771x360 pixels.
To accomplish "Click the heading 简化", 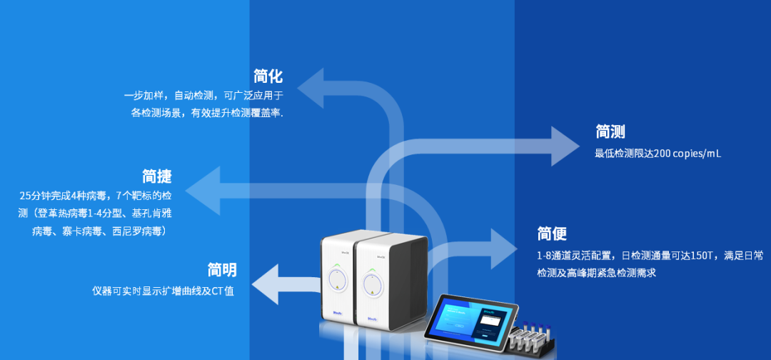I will [268, 76].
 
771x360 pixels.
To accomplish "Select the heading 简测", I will [610, 132].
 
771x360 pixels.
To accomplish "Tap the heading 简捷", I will [157, 176].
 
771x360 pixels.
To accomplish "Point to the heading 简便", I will [552, 234].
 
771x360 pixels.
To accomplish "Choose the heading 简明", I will [222, 270].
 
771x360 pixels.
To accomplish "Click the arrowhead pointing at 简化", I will [311, 89].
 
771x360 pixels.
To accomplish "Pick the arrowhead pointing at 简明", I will [263, 284].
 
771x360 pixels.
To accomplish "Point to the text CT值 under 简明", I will [223, 291].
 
